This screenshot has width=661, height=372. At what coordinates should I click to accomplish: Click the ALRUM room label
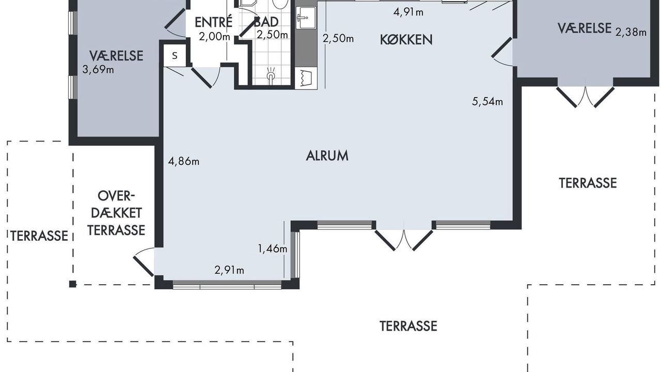pyautogui.click(x=327, y=156)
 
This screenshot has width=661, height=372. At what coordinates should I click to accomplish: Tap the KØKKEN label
pyautogui.click(x=406, y=40)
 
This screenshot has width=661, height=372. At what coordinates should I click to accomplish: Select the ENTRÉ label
pyautogui.click(x=214, y=22)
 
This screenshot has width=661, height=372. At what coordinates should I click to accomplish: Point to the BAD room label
pyautogui.click(x=266, y=22)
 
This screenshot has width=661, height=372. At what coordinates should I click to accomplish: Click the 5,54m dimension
pyautogui.click(x=487, y=102)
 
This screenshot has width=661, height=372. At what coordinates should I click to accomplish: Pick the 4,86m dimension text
pyautogui.click(x=183, y=162)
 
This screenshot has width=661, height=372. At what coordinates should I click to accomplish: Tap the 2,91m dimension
pyautogui.click(x=229, y=270)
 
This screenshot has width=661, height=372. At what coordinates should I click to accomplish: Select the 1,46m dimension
pyautogui.click(x=273, y=249)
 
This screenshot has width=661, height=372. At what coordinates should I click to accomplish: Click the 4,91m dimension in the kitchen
pyautogui.click(x=408, y=12)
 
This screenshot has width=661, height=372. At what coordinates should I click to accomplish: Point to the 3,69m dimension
pyautogui.click(x=98, y=70)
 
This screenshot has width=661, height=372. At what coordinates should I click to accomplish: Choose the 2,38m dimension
pyautogui.click(x=631, y=32)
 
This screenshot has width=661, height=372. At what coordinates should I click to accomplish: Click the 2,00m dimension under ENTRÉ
pyautogui.click(x=214, y=37)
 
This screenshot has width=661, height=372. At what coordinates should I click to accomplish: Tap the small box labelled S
pyautogui.click(x=175, y=55)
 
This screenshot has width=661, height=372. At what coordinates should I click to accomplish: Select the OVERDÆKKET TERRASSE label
pyautogui.click(x=116, y=213)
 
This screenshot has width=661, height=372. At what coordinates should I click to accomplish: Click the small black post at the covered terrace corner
pyautogui.click(x=73, y=284)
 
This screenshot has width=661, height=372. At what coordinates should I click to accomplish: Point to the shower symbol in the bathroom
pyautogui.click(x=271, y=74)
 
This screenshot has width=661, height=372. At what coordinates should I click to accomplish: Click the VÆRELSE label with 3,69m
pyautogui.click(x=116, y=56)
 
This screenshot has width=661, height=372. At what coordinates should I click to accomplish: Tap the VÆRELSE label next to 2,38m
pyautogui.click(x=584, y=28)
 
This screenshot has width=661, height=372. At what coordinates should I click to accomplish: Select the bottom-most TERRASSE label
pyautogui.click(x=408, y=326)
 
